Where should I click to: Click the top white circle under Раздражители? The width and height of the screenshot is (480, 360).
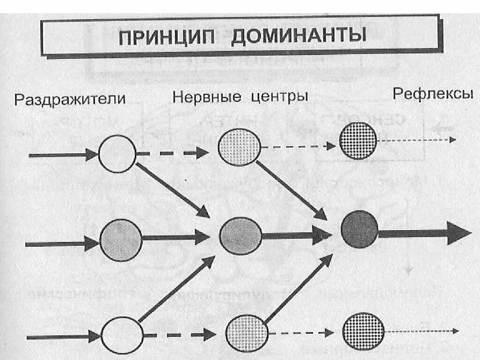coord(117,154)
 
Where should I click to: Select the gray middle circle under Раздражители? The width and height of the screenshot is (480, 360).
coord(120,240)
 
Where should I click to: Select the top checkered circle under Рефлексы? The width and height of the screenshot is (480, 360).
coord(358,140)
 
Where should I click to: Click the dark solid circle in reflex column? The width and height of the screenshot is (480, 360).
coord(360,229)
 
